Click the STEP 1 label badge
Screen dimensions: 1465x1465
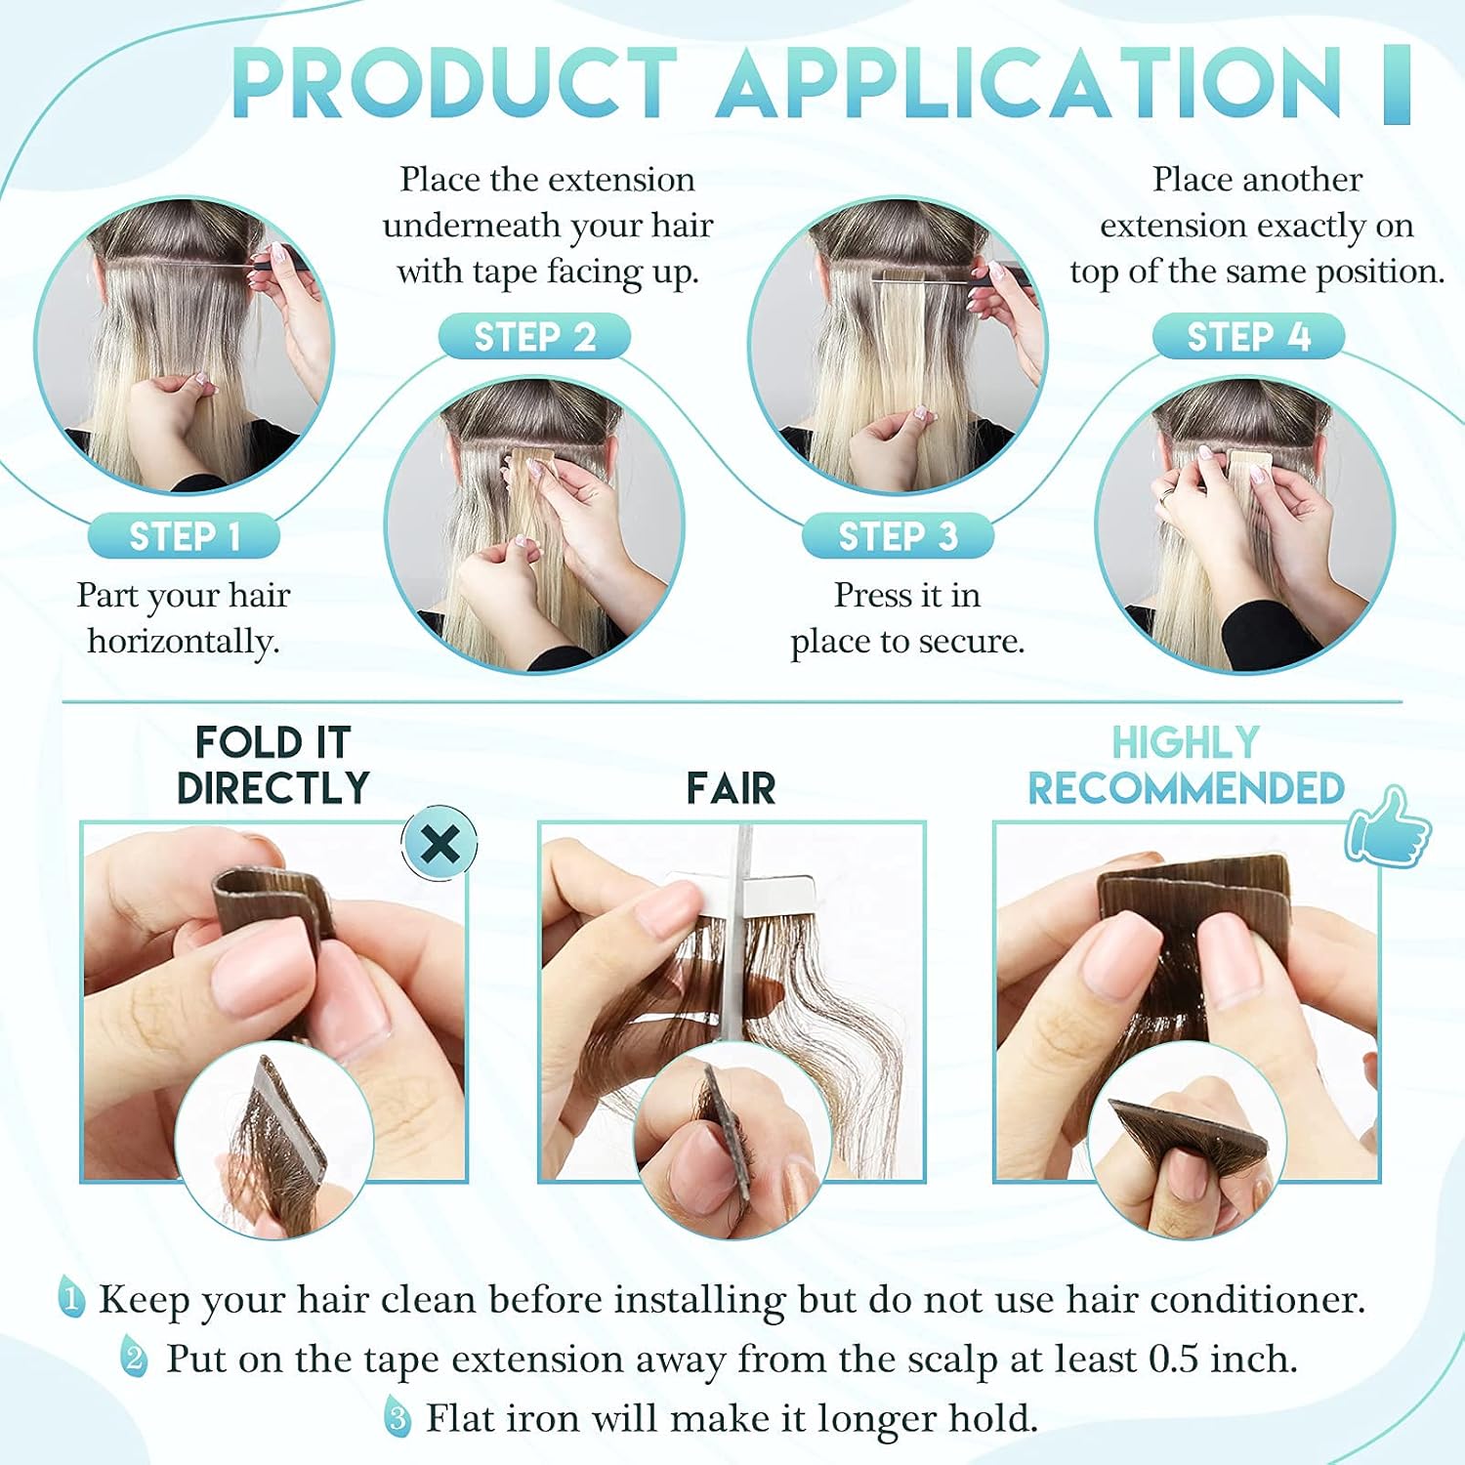point(184,536)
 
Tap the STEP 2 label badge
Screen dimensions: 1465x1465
point(534,337)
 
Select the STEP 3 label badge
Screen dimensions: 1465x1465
point(898,536)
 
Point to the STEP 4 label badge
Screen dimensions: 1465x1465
point(1248,337)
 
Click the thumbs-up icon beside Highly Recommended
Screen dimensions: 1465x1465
point(1387,826)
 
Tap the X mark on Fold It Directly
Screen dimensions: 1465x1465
point(440,843)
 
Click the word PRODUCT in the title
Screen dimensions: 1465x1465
point(454,83)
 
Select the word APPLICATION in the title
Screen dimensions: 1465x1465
point(1029,83)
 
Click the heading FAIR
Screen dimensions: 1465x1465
point(731,788)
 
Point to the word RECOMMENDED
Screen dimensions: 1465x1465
point(1187,788)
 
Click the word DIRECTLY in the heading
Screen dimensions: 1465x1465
point(273,788)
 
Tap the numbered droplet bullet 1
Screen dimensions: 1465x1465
point(70,1298)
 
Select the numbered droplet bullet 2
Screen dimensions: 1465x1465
point(135,1358)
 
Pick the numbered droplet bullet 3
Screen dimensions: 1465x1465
point(397,1416)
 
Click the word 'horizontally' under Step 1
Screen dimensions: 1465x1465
point(182,642)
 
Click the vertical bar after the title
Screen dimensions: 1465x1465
point(1398,84)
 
